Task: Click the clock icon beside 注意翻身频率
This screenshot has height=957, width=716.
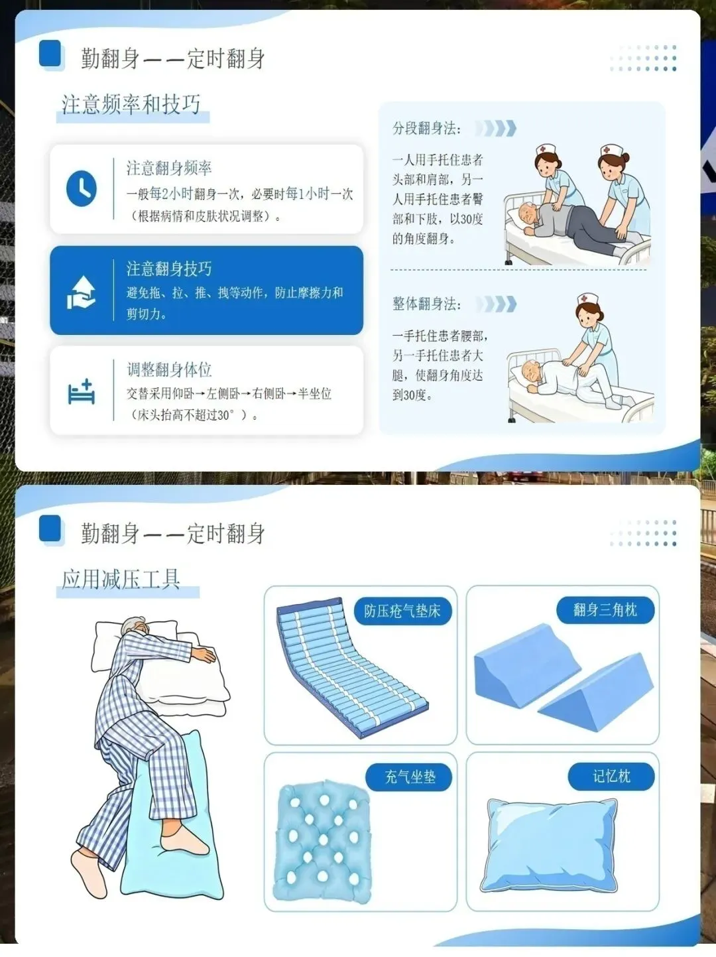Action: point(82,188)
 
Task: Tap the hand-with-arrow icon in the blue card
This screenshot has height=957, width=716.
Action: point(81,292)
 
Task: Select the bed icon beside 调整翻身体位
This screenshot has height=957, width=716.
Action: point(81,391)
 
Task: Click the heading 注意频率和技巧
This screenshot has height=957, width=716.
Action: point(131,105)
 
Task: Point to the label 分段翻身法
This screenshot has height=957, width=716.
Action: point(426,129)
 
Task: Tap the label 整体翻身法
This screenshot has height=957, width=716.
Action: point(426,304)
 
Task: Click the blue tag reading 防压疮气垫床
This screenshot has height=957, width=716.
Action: point(402,611)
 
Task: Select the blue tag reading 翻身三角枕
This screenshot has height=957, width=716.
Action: point(605,609)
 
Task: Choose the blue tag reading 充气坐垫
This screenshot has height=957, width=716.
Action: point(410,777)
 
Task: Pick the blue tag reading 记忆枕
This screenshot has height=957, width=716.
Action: point(611,776)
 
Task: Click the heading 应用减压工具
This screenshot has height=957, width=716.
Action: point(121,580)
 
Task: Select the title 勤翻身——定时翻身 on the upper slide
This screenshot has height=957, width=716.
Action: point(173,59)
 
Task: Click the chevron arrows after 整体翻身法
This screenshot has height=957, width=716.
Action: point(496,304)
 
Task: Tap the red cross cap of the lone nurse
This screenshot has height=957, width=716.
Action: point(587,300)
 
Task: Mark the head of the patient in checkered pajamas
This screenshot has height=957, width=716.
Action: point(136,628)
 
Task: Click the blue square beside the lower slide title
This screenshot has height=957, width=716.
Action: point(50,529)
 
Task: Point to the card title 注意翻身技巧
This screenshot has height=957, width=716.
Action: point(169,269)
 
